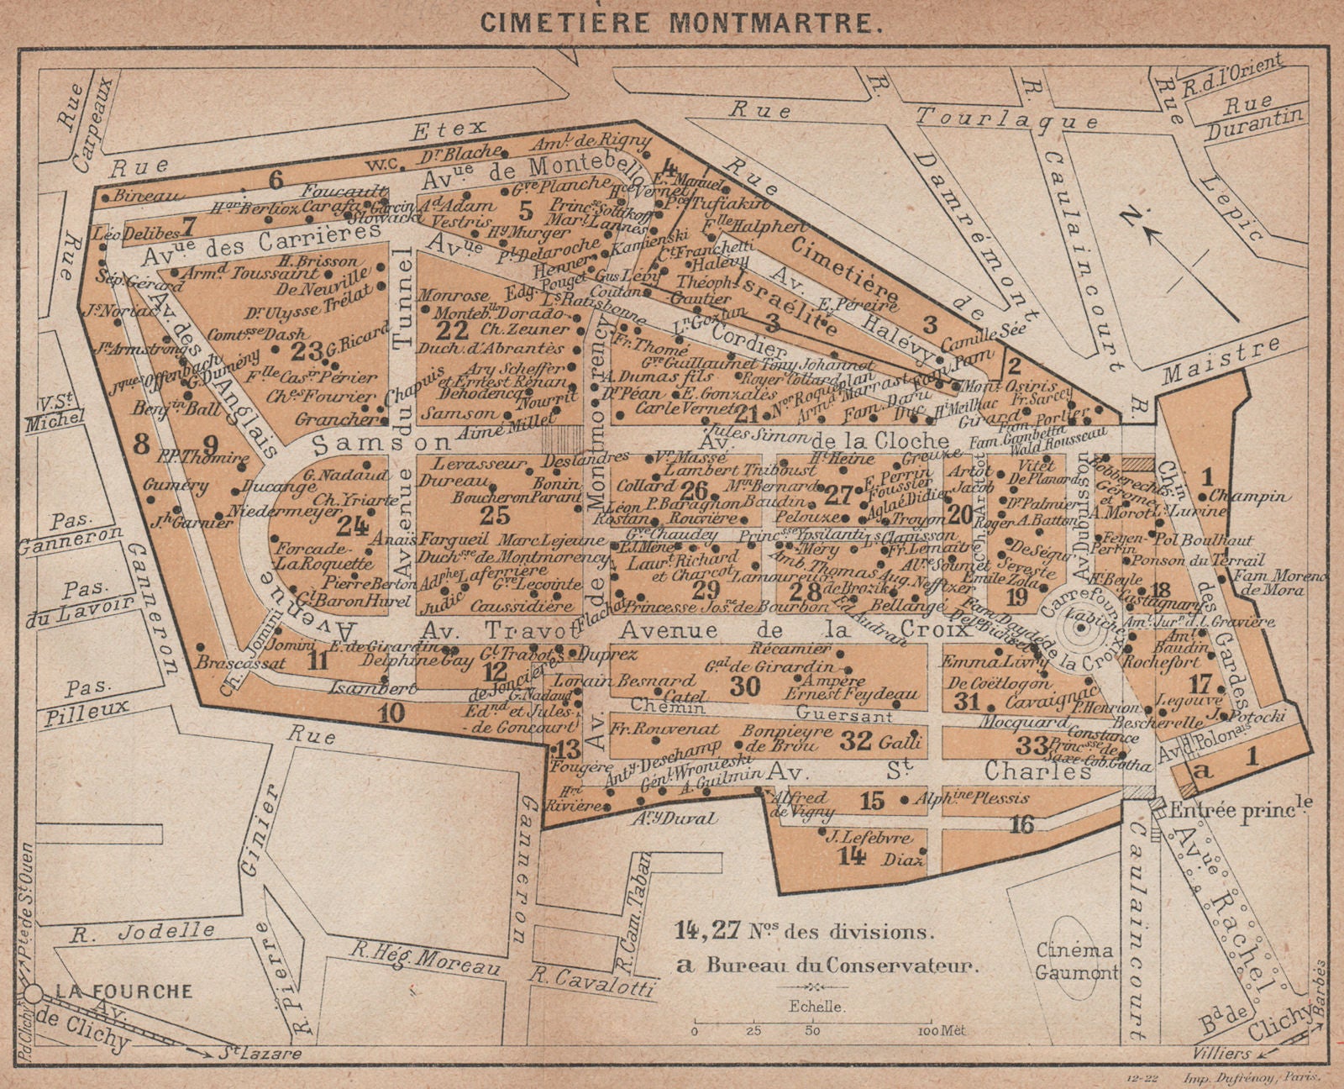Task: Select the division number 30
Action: click(744, 687)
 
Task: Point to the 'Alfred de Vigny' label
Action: click(800, 804)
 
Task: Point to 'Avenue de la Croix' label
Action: click(770, 629)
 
